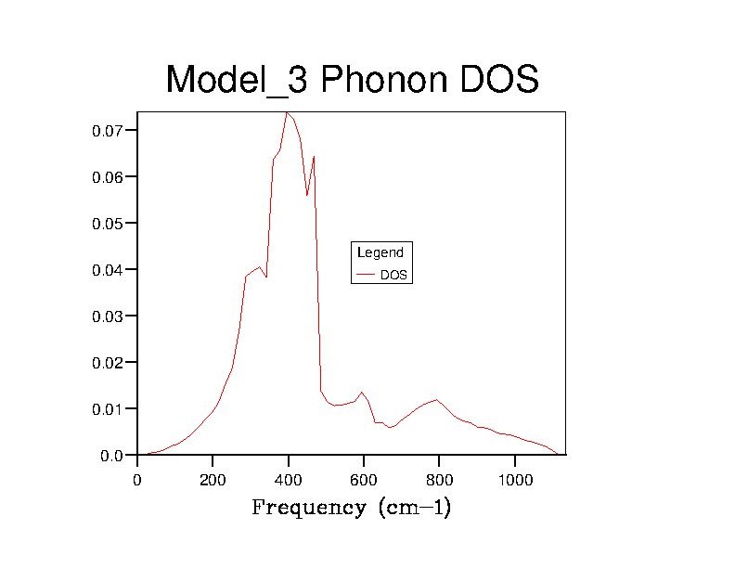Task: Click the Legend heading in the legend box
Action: [380, 252]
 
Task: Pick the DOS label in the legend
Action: [393, 276]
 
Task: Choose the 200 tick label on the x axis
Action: [213, 480]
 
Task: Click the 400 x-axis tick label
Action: [289, 480]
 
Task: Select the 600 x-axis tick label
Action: [364, 480]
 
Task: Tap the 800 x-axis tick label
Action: [439, 480]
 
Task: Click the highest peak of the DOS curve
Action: [287, 113]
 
